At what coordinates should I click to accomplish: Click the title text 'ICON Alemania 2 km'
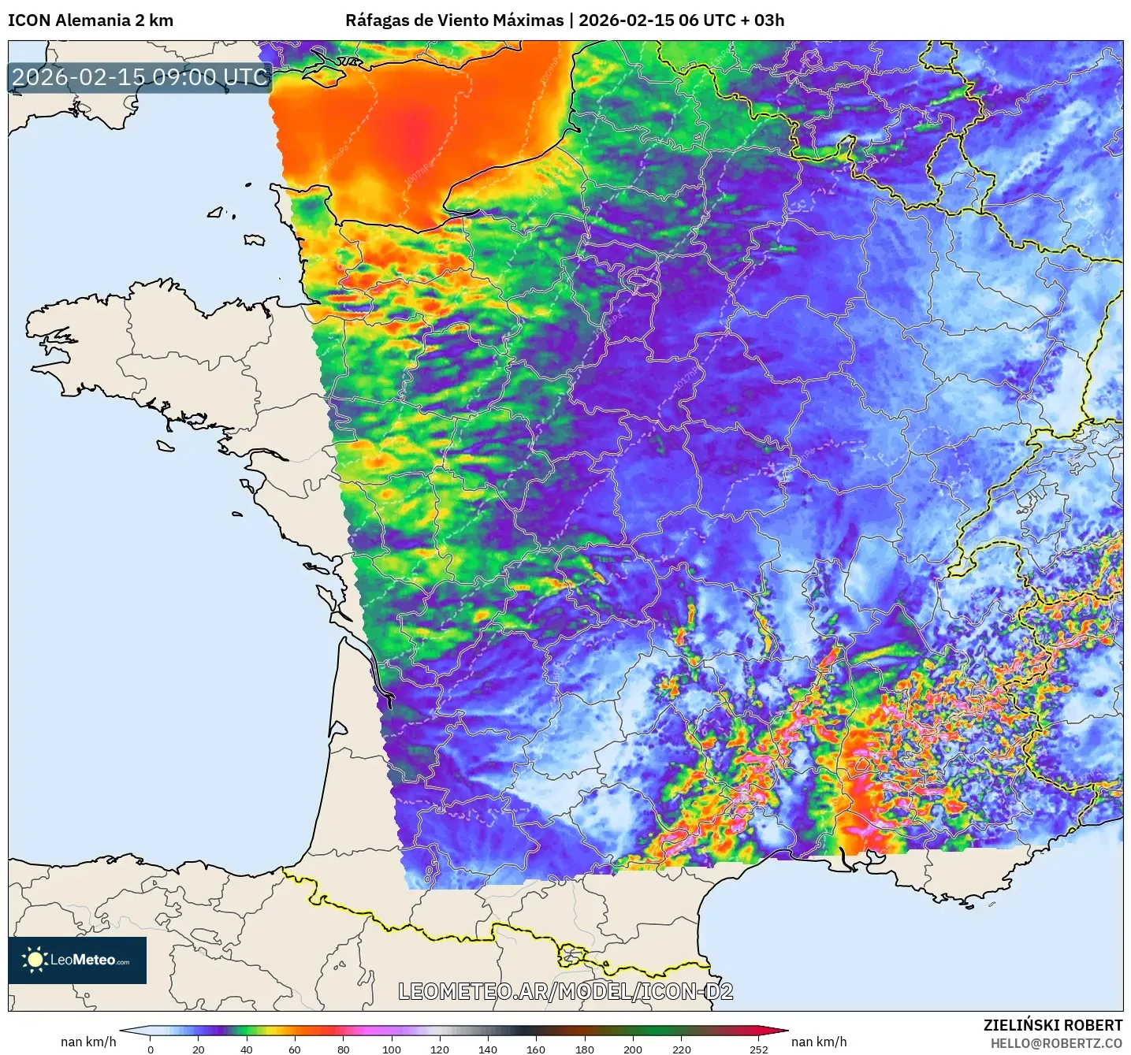(91, 20)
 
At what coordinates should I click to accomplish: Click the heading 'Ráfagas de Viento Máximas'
(455, 20)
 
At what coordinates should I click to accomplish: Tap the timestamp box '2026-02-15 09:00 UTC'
(140, 77)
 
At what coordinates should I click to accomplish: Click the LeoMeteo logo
(77, 960)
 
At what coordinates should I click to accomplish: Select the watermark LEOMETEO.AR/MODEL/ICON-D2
(565, 991)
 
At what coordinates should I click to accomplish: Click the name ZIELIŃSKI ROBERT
(1052, 1025)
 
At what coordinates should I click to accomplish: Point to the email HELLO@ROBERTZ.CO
(1056, 1043)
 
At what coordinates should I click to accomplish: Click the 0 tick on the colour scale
(151, 1049)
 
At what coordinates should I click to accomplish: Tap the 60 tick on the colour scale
(295, 1049)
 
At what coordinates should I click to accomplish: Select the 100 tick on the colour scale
(392, 1049)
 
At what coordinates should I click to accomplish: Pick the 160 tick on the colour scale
(536, 1049)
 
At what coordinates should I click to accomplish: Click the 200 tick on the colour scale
(633, 1049)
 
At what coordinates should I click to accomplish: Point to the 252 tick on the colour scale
(758, 1049)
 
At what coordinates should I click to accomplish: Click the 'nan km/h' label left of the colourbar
(88, 1042)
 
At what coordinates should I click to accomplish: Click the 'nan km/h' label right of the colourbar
(819, 1042)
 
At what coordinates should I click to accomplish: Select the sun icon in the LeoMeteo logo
(35, 960)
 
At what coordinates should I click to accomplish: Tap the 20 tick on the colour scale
(199, 1049)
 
